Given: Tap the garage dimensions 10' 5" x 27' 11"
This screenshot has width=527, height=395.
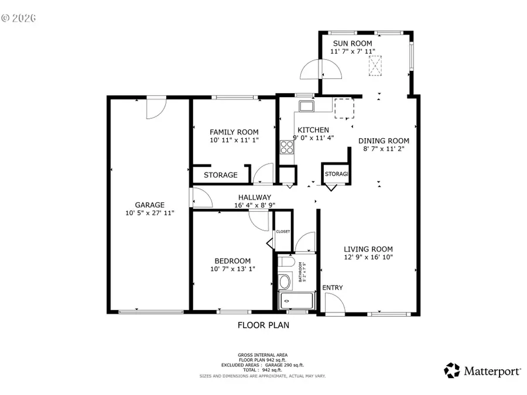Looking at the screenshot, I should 150,214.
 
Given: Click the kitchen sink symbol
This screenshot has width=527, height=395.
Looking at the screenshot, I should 305,106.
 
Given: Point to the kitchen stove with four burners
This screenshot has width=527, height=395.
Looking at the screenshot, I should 286,146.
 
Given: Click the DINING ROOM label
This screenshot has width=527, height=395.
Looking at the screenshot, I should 384,140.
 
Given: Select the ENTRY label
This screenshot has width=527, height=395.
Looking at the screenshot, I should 333,287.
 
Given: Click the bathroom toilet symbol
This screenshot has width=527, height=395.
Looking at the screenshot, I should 285,282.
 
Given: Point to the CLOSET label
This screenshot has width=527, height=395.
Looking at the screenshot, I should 283,232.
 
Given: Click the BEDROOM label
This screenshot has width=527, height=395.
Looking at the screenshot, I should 232,261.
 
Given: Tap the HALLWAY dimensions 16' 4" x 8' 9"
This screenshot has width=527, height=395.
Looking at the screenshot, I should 254,205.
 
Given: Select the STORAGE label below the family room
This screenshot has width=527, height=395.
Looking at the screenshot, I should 220,175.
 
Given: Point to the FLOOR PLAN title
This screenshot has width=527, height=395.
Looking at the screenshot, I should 263,325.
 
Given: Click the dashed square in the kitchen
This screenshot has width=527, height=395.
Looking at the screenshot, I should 344,109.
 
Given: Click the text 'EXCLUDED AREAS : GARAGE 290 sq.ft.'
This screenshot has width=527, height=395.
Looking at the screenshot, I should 262,365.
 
